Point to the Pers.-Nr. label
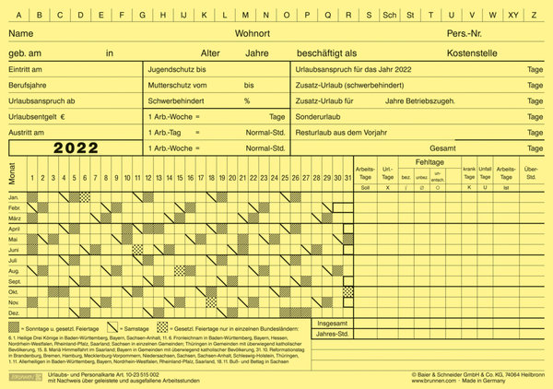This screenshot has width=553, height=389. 466,32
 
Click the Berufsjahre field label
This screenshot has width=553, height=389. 27,84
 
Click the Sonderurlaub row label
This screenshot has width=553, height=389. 320,117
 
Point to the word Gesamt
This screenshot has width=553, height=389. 443,147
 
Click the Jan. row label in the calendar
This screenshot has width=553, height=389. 14,197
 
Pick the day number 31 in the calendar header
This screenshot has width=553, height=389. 347,177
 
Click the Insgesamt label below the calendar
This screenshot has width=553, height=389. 332,324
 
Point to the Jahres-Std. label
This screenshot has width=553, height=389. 332,335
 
